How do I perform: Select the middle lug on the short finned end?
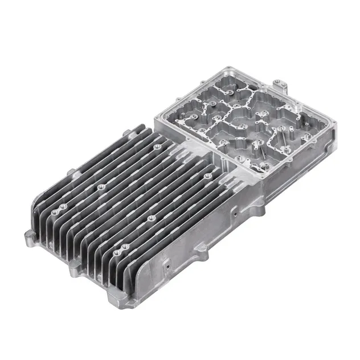(x=73, y=271)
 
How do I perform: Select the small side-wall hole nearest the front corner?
(x=167, y=264)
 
